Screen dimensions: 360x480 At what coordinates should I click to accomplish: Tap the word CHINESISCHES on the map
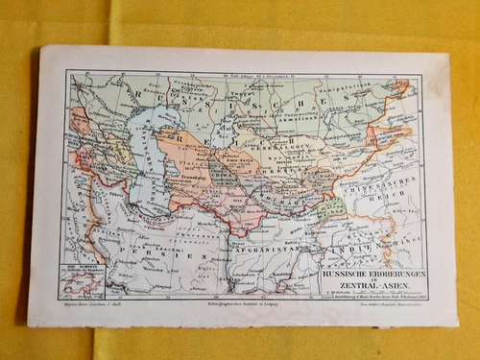click(384, 192)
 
